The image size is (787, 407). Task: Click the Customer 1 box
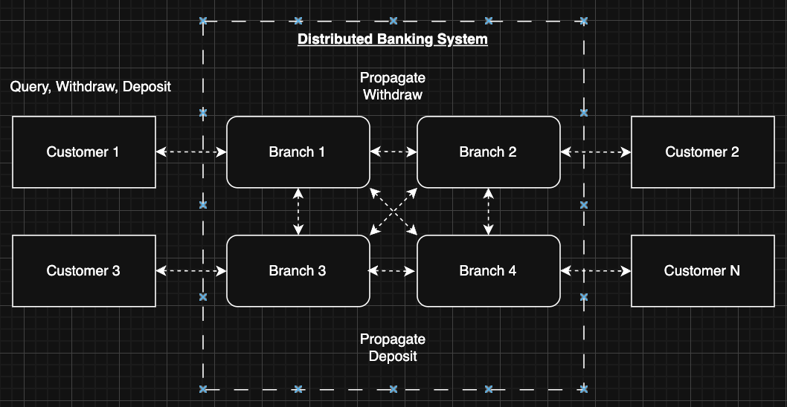click(83, 152)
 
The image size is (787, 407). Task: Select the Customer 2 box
click(702, 152)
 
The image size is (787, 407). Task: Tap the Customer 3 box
click(83, 271)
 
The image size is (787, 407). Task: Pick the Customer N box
click(702, 271)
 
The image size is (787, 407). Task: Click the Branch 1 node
click(298, 152)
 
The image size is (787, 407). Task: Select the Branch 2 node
click(488, 152)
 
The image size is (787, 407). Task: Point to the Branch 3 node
click(298, 271)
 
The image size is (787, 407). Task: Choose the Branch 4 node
click(488, 271)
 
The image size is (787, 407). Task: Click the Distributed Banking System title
click(393, 39)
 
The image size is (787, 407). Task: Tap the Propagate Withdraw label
click(393, 86)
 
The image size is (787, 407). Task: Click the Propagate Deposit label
click(393, 348)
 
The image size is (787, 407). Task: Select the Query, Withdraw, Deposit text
click(91, 87)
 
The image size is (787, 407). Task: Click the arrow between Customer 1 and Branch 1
click(191, 152)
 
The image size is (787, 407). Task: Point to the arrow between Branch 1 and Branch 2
click(393, 152)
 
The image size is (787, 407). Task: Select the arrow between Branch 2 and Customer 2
click(596, 152)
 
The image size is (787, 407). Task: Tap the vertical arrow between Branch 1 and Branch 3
click(298, 212)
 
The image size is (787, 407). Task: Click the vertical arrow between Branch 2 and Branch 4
click(489, 212)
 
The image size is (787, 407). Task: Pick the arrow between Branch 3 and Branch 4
click(393, 271)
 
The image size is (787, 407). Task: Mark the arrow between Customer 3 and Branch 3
click(191, 271)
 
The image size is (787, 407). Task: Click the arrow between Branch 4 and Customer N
click(596, 271)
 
